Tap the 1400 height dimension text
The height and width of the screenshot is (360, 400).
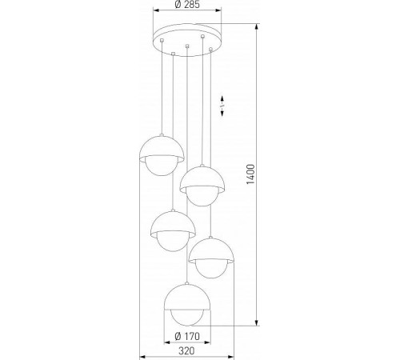click(x=250, y=174)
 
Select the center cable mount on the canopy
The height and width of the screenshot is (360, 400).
click(x=186, y=47)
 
